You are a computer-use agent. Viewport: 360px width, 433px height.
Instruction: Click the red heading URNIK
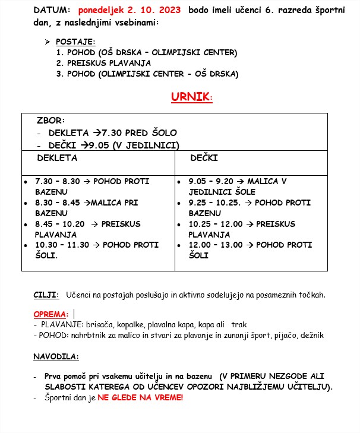tap(190, 97)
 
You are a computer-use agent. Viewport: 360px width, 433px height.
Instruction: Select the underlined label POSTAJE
tap(71, 42)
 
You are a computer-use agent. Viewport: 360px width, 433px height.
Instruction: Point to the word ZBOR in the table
tap(50, 120)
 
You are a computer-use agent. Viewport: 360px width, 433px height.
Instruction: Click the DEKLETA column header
tap(57, 158)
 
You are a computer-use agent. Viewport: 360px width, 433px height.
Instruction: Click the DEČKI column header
tap(204, 158)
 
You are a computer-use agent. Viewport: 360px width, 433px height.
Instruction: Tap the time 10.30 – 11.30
tap(62, 245)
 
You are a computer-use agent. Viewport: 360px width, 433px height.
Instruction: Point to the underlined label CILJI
tap(46, 295)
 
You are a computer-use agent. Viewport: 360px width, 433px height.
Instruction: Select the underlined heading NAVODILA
tap(56, 357)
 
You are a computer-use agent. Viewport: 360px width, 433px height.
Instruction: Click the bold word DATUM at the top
tap(52, 11)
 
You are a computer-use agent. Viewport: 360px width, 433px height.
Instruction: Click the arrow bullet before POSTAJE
tap(48, 42)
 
